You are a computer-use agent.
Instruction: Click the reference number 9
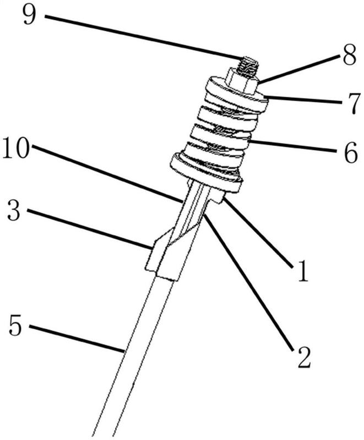(x=30, y=15)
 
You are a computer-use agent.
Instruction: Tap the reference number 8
(x=349, y=56)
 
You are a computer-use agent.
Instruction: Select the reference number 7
(x=351, y=104)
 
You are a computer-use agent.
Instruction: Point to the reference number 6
(x=351, y=153)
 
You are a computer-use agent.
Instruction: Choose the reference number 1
(x=303, y=270)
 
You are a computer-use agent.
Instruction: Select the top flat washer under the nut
(x=237, y=94)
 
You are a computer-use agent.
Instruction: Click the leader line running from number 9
(x=143, y=38)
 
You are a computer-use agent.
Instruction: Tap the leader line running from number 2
(x=249, y=282)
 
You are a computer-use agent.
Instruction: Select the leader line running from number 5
(x=77, y=338)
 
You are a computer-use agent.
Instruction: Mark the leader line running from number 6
(x=292, y=146)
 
